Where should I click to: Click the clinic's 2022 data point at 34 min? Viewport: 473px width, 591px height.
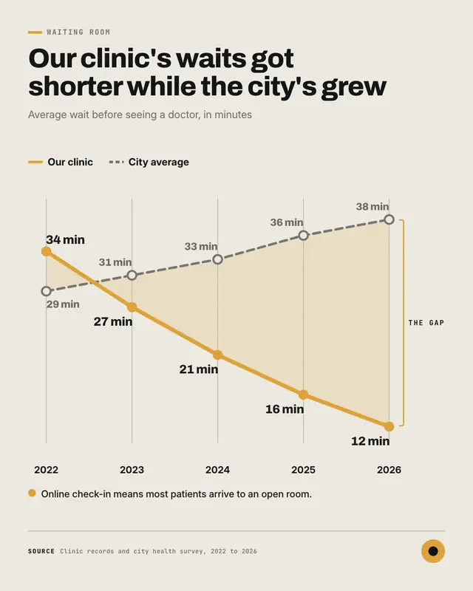pos(46,251)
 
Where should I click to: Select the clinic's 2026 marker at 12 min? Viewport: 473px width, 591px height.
pos(389,427)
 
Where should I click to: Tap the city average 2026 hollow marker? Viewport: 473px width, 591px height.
pos(389,219)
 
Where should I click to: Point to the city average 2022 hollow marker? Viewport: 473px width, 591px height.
pos(46,291)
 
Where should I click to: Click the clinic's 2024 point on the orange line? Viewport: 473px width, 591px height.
pos(217,355)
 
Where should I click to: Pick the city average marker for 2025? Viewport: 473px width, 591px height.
pos(303,236)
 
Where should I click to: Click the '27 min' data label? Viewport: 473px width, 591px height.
pos(113,321)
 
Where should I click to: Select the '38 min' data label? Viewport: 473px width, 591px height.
pos(372,207)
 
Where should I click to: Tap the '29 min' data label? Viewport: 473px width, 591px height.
pos(63,304)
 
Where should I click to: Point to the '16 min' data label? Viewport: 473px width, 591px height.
pos(285,409)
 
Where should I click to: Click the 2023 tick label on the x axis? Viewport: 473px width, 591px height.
pos(132,470)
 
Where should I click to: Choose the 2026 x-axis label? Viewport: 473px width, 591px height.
pos(389,470)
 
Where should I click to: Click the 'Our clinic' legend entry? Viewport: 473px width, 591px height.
pos(61,162)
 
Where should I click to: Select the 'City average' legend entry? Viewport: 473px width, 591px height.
pos(149,162)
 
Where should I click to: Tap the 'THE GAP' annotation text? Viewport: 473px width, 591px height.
pos(426,323)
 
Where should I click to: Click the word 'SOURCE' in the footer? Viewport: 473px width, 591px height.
pos(41,551)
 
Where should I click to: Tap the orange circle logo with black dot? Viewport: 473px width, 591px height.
pos(433,551)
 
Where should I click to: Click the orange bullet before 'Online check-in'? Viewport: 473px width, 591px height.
pos(32,493)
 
